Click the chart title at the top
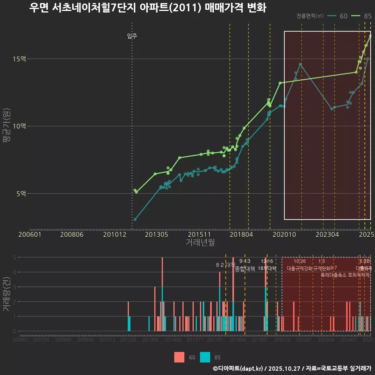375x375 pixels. coord(148,8)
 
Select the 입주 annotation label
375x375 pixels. coord(132,36)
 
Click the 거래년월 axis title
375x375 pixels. coord(200,243)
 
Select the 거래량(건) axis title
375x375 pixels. coord(7,294)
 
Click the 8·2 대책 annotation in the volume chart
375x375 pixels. coord(226,265)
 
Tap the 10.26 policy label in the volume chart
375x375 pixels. coord(300,261)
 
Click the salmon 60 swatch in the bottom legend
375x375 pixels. coord(179,357)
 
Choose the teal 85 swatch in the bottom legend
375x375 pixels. coord(205,357)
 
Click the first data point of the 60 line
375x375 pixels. coord(135,220)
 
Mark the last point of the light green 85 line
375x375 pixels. coord(370,36)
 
